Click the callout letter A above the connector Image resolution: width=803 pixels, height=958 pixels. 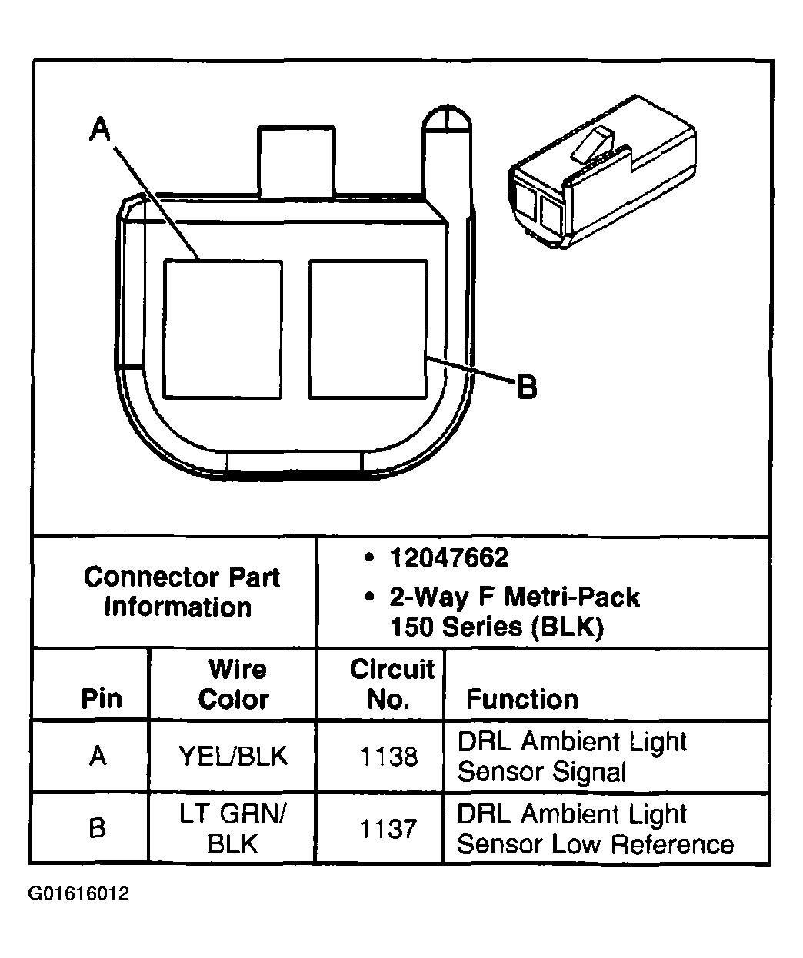(99, 129)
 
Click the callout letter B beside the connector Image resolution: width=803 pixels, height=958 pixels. (527, 386)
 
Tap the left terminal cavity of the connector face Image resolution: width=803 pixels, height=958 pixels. (222, 329)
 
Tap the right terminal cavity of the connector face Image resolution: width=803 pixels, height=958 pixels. (368, 329)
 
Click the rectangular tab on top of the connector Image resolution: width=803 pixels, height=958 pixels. (296, 161)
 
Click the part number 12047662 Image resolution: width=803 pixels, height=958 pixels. (448, 557)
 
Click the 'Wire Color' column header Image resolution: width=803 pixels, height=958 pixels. (234, 684)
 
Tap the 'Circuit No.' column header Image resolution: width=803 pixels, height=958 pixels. (392, 684)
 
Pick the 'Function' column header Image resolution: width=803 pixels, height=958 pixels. (522, 699)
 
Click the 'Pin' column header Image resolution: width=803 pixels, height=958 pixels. (101, 699)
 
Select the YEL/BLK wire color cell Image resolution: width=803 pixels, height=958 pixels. (232, 757)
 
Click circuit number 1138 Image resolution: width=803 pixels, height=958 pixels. (388, 757)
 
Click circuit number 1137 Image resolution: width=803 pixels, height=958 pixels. (388, 829)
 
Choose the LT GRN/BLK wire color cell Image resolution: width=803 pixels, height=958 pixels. (232, 829)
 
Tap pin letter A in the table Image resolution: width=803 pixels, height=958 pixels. (97, 757)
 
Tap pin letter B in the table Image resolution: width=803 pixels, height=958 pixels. (97, 829)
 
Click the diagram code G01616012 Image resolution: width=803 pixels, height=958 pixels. (79, 893)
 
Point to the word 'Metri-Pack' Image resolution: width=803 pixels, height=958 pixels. (578, 597)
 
